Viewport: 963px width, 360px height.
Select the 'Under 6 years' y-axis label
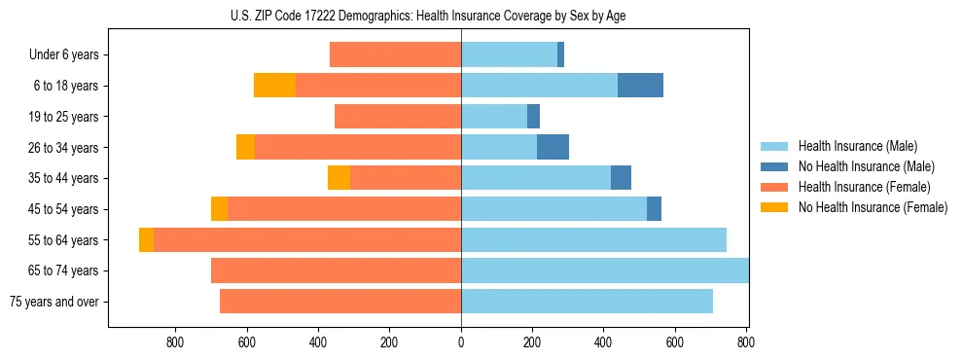[64, 54]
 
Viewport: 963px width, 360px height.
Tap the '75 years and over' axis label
[54, 302]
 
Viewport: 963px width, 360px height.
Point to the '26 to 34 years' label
[64, 148]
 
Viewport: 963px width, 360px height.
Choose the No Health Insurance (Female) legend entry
[873, 207]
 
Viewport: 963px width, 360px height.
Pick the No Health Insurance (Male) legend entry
[866, 166]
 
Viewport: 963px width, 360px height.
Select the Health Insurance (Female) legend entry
[864, 187]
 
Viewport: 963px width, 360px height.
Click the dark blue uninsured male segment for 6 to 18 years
[640, 86]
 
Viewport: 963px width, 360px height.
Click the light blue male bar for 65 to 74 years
[604, 270]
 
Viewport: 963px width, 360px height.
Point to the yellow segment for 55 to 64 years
[146, 239]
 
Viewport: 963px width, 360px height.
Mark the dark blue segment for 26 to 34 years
[553, 147]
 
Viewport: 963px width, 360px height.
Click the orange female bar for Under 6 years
[395, 54]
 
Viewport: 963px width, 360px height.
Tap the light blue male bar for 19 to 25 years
[493, 117]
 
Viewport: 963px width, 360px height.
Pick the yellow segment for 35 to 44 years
[339, 178]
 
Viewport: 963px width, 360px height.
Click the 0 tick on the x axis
[461, 342]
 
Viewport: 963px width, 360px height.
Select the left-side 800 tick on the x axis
[176, 342]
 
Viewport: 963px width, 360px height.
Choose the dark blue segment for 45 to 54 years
[654, 209]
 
